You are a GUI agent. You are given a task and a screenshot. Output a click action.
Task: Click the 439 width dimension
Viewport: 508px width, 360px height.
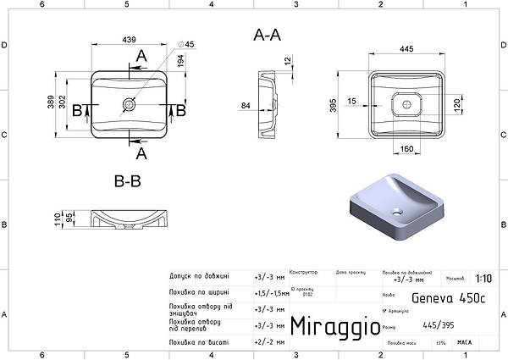click(129, 39)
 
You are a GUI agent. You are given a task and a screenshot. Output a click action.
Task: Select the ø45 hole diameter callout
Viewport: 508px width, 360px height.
click(187, 44)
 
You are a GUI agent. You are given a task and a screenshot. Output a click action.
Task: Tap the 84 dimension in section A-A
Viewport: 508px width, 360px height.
click(246, 106)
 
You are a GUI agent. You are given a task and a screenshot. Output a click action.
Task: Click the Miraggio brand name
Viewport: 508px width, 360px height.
click(330, 325)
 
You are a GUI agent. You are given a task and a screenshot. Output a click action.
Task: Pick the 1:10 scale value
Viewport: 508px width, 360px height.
click(483, 278)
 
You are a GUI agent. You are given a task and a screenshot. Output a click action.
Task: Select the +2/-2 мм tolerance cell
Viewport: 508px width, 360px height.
click(270, 342)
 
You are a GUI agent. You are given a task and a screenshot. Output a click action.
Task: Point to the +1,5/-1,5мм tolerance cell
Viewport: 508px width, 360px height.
click(271, 293)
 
